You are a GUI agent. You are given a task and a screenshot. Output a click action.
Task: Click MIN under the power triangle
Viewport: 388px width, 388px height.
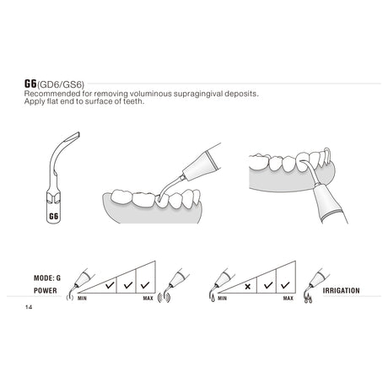pos(83,298)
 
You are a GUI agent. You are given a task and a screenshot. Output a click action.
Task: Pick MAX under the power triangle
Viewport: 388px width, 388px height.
pos(148,298)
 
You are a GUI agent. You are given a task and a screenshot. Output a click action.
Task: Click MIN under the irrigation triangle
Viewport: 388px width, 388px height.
pos(222,298)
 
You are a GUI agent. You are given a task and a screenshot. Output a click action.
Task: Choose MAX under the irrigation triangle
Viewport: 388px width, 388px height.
pos(288,298)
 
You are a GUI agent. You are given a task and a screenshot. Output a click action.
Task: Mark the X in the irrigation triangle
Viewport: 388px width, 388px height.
pos(247,287)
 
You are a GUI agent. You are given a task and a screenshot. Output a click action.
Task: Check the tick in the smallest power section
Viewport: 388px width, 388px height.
pos(108,287)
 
